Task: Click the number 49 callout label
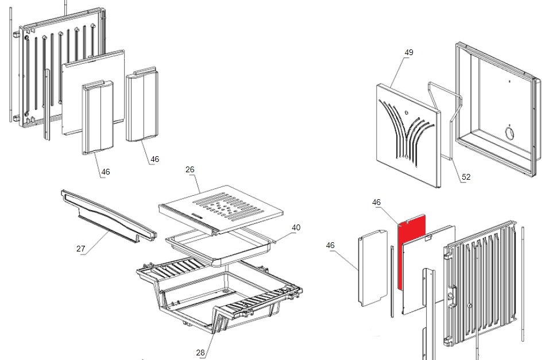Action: point(409,52)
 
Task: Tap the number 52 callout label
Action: point(466,177)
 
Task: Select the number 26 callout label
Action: point(190,169)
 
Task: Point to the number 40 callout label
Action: point(296,227)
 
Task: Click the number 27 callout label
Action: point(80,249)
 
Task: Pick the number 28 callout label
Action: point(200,353)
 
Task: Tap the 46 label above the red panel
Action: point(376,203)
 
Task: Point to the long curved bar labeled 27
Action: point(109,216)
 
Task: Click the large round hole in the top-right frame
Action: point(509,133)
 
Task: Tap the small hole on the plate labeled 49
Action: point(407,113)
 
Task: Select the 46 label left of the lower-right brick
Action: point(330,246)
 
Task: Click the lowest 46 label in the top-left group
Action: point(106,172)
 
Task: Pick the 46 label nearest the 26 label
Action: point(154,160)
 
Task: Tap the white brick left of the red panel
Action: point(373,268)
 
